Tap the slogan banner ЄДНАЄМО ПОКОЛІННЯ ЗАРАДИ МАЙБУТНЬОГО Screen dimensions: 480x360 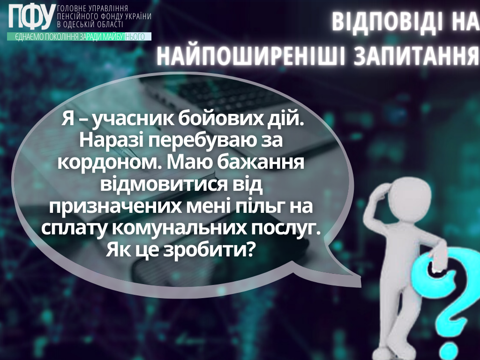(79, 37)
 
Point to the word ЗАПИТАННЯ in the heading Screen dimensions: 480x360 (417, 56)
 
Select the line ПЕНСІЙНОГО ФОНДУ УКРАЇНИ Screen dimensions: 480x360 (105, 16)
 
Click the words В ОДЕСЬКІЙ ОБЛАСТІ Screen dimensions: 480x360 (90, 24)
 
